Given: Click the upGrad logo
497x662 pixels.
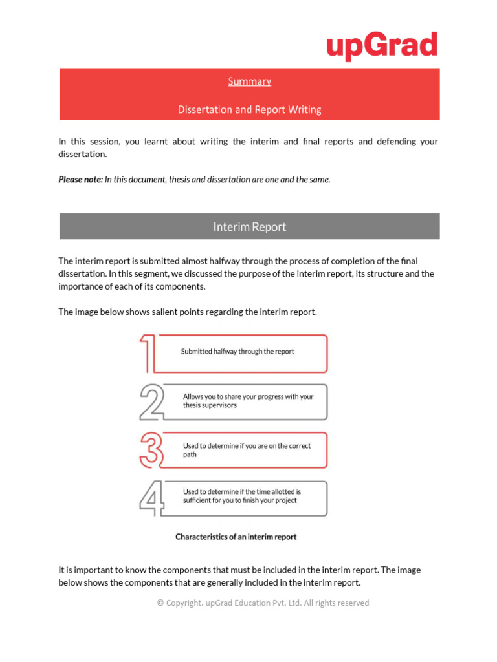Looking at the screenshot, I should tap(382, 46).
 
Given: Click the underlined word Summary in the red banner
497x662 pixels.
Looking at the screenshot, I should tap(249, 81).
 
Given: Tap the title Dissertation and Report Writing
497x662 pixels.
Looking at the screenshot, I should tap(249, 110).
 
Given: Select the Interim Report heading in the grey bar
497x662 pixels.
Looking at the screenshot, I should tap(249, 227).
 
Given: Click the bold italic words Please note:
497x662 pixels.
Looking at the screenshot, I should tap(80, 180).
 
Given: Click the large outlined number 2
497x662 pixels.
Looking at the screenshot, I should tap(151, 402).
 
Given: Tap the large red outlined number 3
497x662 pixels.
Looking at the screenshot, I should tap(150, 450).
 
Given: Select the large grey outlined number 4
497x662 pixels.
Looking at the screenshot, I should tap(151, 499).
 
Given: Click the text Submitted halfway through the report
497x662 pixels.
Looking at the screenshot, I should tap(237, 352).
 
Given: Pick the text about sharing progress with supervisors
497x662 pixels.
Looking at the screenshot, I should tap(248, 401).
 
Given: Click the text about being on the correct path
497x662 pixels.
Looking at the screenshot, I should tap(247, 450).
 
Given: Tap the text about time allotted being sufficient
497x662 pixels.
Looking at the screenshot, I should tap(241, 496).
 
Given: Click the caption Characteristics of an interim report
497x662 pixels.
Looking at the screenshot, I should tap(236, 537).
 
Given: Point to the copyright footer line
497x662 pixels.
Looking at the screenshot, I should tap(263, 603).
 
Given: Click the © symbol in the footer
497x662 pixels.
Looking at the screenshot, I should tap(160, 603).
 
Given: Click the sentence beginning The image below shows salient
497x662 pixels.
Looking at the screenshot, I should tap(188, 312).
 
